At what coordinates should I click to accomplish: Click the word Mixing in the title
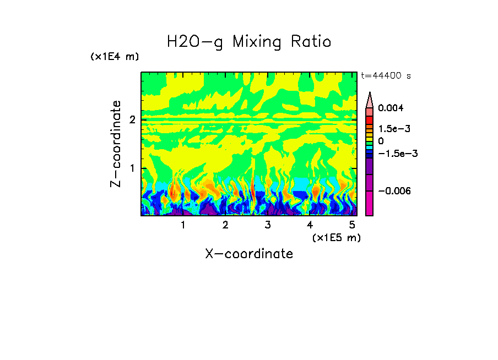[x=260, y=42]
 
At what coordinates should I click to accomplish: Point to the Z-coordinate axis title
[x=116, y=144]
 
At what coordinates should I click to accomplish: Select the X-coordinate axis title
[x=249, y=254]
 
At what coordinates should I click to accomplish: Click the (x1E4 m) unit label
[x=115, y=57]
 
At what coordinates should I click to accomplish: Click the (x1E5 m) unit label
[x=335, y=237]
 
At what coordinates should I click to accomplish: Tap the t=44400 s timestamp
[x=386, y=76]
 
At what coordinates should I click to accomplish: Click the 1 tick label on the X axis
[x=183, y=225]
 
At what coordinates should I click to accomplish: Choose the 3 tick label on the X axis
[x=267, y=225]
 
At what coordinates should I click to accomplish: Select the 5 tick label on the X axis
[x=351, y=225]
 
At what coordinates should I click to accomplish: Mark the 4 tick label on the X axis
[x=310, y=225]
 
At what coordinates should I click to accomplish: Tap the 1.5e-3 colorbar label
[x=391, y=129]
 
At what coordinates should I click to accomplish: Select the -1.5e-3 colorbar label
[x=394, y=154]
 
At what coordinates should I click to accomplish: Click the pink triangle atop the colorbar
[x=370, y=100]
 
